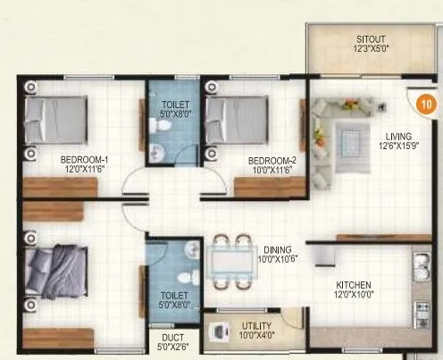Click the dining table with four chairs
230,260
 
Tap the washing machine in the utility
220,331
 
